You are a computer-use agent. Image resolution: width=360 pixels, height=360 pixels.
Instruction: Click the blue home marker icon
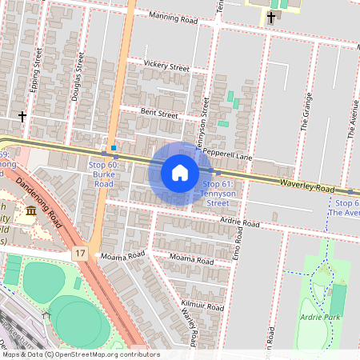180,173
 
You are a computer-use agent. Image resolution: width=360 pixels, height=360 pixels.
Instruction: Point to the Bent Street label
158,114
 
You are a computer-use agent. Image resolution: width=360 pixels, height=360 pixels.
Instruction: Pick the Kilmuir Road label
202,306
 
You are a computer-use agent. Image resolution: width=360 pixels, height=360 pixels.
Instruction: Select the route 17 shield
80,254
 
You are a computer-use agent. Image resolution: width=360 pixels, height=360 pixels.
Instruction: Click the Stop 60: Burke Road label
100,174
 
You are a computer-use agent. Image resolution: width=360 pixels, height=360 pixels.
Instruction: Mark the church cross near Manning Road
271,17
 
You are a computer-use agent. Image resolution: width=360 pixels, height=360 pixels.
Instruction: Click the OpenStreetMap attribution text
80,354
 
